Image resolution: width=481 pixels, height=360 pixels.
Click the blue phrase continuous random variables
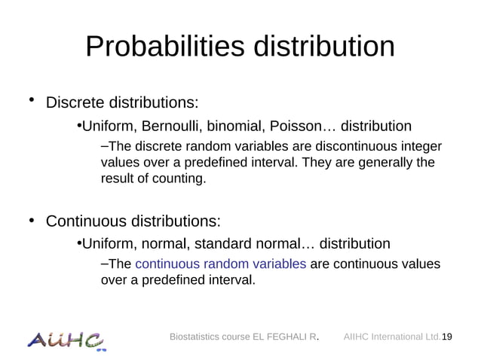(220, 264)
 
